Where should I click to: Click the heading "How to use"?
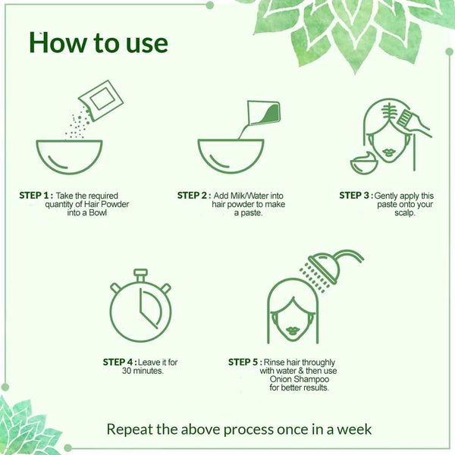click(x=99, y=43)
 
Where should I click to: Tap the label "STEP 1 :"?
click(x=36, y=196)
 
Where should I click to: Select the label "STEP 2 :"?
click(x=194, y=196)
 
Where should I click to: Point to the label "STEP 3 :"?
click(x=356, y=196)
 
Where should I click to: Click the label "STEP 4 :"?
click(x=120, y=362)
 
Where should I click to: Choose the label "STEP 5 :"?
click(x=245, y=362)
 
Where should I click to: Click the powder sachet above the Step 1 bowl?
click(x=101, y=100)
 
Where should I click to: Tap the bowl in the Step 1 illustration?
click(x=69, y=157)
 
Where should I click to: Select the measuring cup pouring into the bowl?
click(x=263, y=113)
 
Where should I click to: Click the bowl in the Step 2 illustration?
click(x=231, y=156)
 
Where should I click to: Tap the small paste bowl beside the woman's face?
click(x=363, y=164)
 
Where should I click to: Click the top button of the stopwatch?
click(x=140, y=273)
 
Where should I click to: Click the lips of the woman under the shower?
click(x=293, y=330)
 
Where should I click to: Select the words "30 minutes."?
click(x=143, y=371)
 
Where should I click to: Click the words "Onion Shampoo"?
click(x=300, y=379)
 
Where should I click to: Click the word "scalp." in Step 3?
click(x=405, y=212)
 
